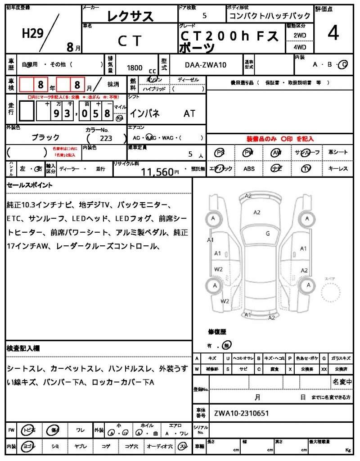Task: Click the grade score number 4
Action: pos(333,34)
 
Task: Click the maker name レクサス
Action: pos(130,17)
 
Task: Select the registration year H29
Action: pos(33,34)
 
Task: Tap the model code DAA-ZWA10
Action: pos(206,65)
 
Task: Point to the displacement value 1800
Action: pos(135,68)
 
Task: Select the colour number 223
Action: pos(106,139)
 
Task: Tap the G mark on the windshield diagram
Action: pos(267,233)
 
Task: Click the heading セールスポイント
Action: pos(30,185)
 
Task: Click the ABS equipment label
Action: pos(249,168)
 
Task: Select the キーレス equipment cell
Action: pos(338,168)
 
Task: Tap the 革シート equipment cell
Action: pos(338,152)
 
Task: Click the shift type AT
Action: pos(189,113)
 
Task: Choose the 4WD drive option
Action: pos(300,47)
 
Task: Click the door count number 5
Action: pos(205,16)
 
